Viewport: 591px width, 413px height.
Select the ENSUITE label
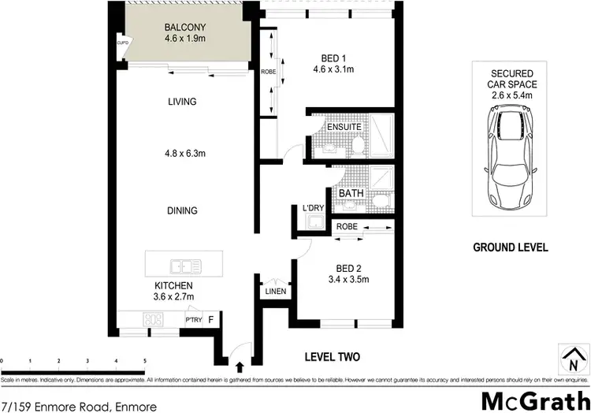[x=344, y=126]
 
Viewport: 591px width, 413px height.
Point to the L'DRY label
[x=314, y=208]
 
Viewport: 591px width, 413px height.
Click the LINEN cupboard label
[x=274, y=292]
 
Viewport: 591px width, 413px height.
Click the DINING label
[x=182, y=211]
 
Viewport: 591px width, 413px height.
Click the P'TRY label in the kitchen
[x=193, y=319]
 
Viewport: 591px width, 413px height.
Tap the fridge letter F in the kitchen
[x=210, y=318]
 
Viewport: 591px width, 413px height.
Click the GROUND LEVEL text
[x=510, y=247]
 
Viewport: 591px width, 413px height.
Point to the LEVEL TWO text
[x=332, y=357]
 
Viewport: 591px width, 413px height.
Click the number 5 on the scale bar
[x=145, y=361]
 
